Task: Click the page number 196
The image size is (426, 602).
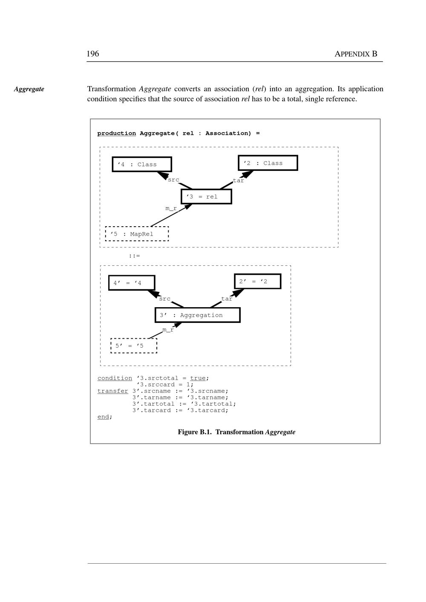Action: click(93, 54)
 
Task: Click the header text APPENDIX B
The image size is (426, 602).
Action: click(356, 54)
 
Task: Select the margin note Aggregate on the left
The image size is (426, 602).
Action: click(29, 89)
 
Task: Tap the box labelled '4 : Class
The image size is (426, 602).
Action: click(142, 164)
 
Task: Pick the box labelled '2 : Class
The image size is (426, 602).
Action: click(268, 163)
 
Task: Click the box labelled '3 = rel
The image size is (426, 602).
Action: click(206, 197)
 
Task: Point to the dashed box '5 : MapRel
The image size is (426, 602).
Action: click(137, 234)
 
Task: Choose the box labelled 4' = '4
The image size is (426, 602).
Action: click(132, 283)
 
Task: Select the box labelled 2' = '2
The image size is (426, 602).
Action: click(257, 282)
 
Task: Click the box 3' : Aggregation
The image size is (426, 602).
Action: click(197, 315)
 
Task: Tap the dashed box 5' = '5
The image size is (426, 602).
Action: click(134, 346)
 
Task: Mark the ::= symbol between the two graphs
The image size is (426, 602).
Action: click(134, 256)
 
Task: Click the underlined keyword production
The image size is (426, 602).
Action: click(116, 133)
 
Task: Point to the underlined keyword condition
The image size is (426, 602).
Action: click(115, 378)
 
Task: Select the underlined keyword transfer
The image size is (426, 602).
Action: click(112, 391)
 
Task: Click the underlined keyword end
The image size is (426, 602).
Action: click(104, 417)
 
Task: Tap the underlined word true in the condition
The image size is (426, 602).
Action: click(198, 378)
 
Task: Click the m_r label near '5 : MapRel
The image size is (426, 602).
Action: click(171, 208)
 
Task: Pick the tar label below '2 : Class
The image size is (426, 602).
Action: click(239, 181)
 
